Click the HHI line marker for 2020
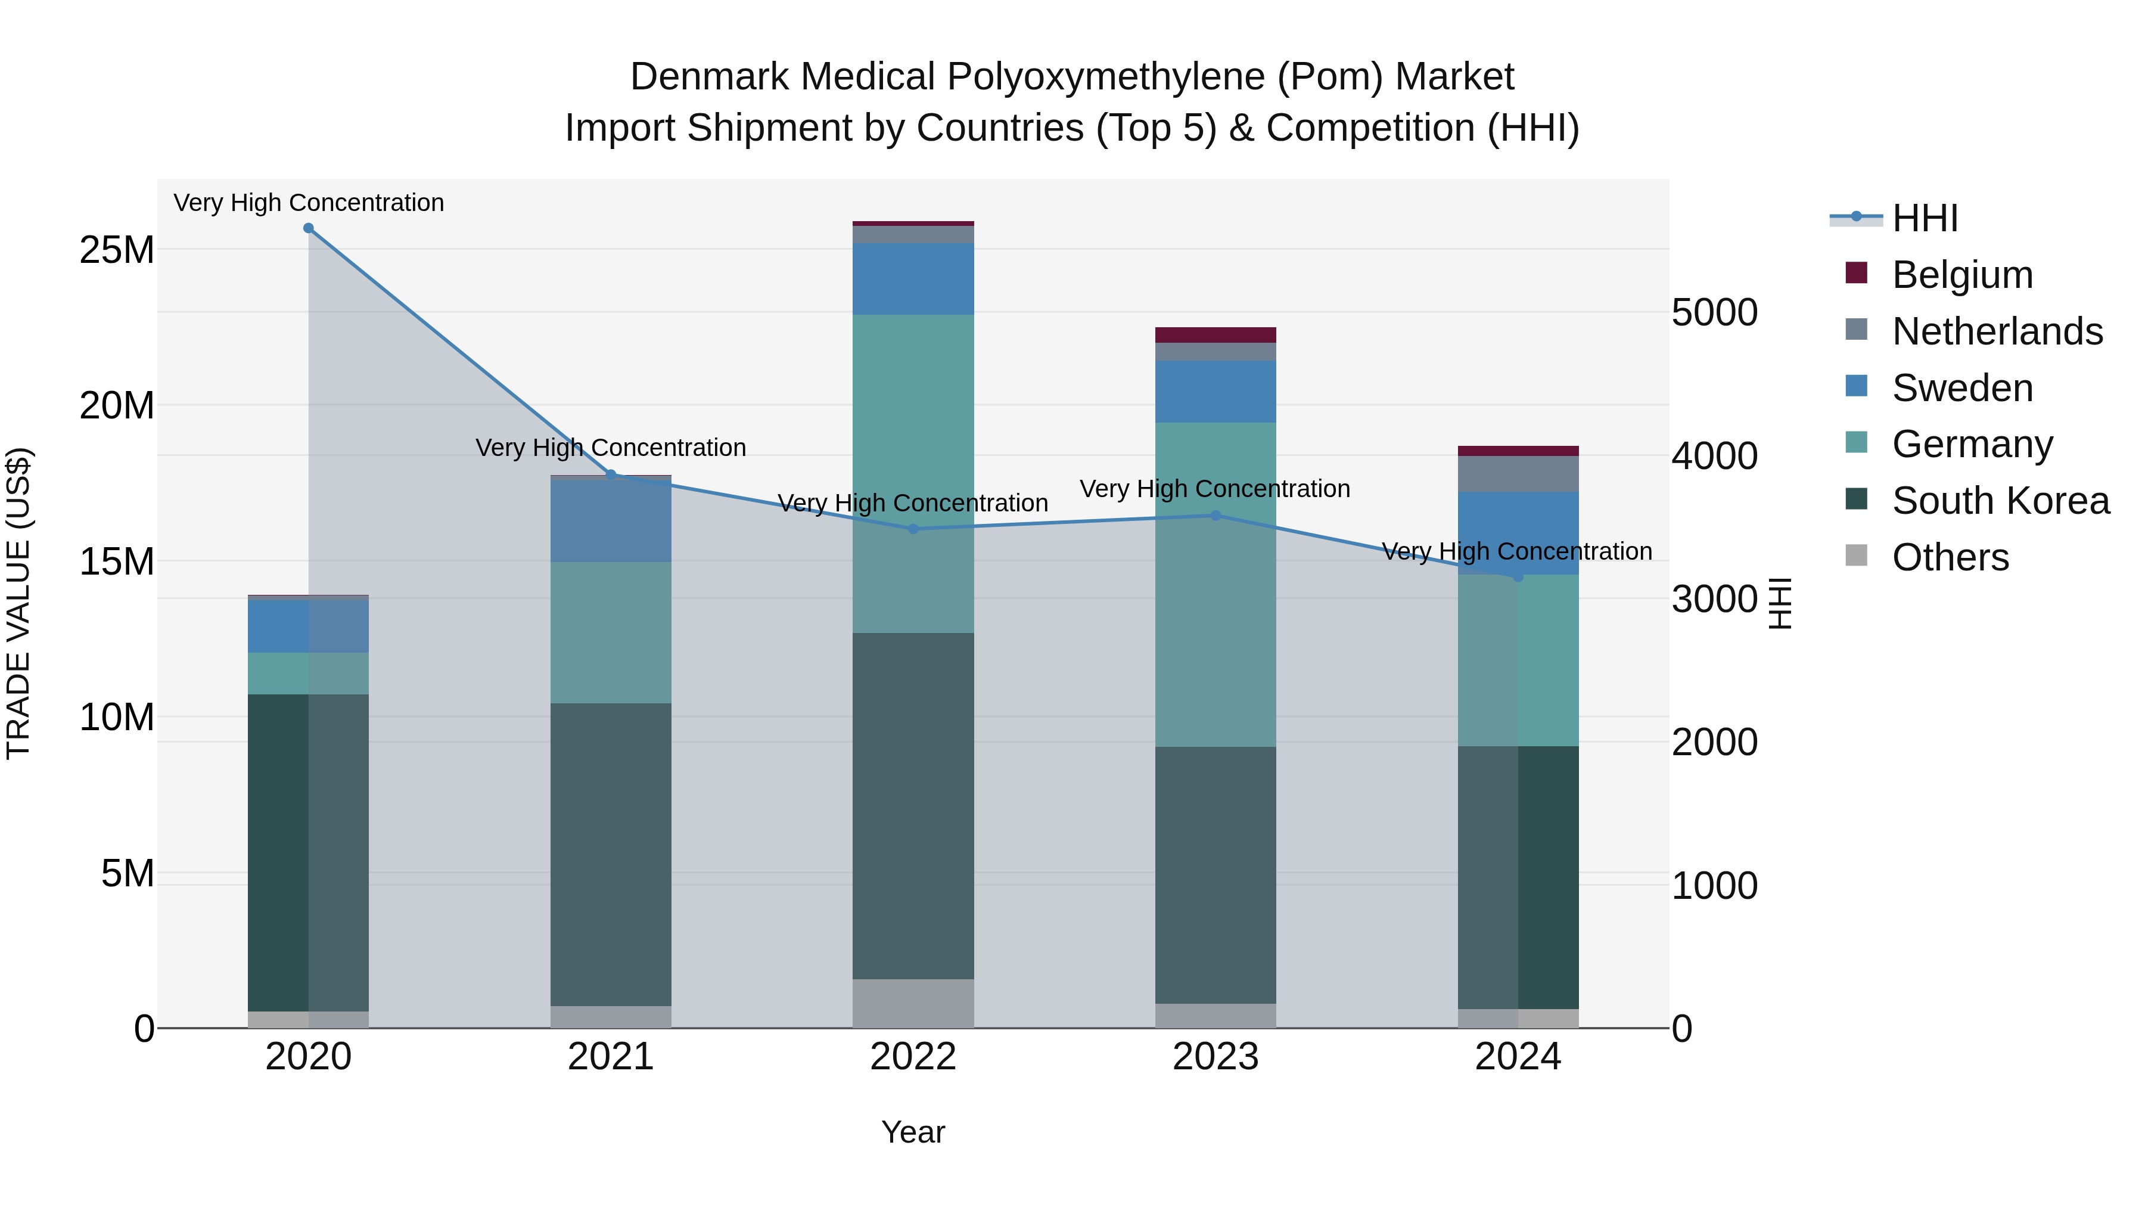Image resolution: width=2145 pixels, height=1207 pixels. coord(308,228)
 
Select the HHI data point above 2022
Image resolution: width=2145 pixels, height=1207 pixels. coord(913,529)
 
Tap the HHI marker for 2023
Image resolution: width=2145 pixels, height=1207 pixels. coord(1215,516)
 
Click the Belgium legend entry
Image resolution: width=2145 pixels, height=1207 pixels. coord(1962,275)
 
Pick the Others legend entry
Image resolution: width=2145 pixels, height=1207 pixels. coord(1950,557)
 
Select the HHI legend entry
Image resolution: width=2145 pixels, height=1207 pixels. coord(1925,218)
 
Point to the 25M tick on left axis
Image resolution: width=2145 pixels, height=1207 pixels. coord(117,250)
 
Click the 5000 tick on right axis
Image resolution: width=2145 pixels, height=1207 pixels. coord(1714,312)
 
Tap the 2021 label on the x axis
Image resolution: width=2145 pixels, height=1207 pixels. coord(610,1057)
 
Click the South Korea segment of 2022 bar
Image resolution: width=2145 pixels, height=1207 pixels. coord(913,805)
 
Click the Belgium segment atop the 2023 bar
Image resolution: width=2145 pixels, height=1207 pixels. coord(1215,335)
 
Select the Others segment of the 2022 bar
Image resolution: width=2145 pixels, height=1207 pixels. coord(913,1003)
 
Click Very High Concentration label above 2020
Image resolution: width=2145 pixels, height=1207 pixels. coord(308,203)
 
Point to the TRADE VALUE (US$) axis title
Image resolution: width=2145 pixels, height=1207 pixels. coord(18,603)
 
